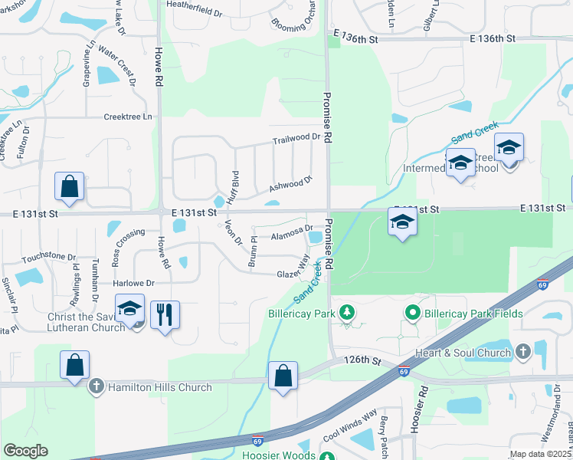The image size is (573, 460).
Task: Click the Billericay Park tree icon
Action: (347, 313)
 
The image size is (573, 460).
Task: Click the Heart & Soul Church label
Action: (470, 353)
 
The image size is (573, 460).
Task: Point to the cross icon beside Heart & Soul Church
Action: (523, 353)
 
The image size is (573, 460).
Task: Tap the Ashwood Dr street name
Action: (291, 183)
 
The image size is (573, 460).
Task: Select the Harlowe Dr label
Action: (134, 283)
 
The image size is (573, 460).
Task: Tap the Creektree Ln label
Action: (128, 117)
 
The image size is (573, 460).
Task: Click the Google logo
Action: (25, 451)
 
